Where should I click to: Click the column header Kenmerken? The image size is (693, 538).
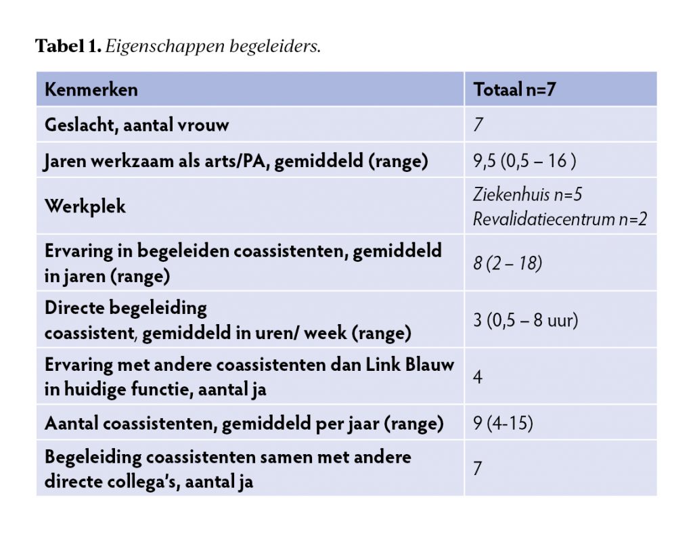pyautogui.click(x=91, y=89)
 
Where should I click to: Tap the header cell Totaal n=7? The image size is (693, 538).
pyautogui.click(x=514, y=89)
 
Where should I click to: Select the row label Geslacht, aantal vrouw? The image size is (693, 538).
pyautogui.click(x=137, y=125)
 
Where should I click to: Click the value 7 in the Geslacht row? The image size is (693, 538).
pyautogui.click(x=478, y=125)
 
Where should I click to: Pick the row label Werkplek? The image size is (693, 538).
pyautogui.click(x=85, y=206)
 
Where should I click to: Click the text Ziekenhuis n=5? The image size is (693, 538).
pyautogui.click(x=528, y=195)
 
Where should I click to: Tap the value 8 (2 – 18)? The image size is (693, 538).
pyautogui.click(x=508, y=263)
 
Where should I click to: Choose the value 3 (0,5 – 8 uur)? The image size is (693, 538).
pyautogui.click(x=525, y=319)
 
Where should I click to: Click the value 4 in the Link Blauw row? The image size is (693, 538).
pyautogui.click(x=478, y=376)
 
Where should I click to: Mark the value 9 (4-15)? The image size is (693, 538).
pyautogui.click(x=503, y=424)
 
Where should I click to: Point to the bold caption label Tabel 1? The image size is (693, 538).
pyautogui.click(x=68, y=47)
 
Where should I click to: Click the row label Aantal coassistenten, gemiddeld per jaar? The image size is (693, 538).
pyautogui.click(x=244, y=424)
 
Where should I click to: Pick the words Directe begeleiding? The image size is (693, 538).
pyautogui.click(x=126, y=308)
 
